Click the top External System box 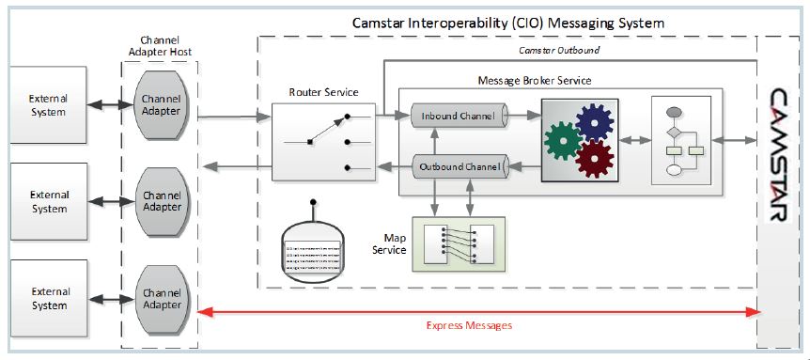click(47, 105)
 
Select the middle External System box click(47, 201)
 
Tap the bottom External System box click(47, 299)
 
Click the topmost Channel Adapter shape click(161, 105)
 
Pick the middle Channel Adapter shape click(161, 201)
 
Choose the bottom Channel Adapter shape click(161, 298)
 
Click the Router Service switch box click(321, 143)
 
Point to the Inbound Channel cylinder click(458, 117)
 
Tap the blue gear click(596, 122)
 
